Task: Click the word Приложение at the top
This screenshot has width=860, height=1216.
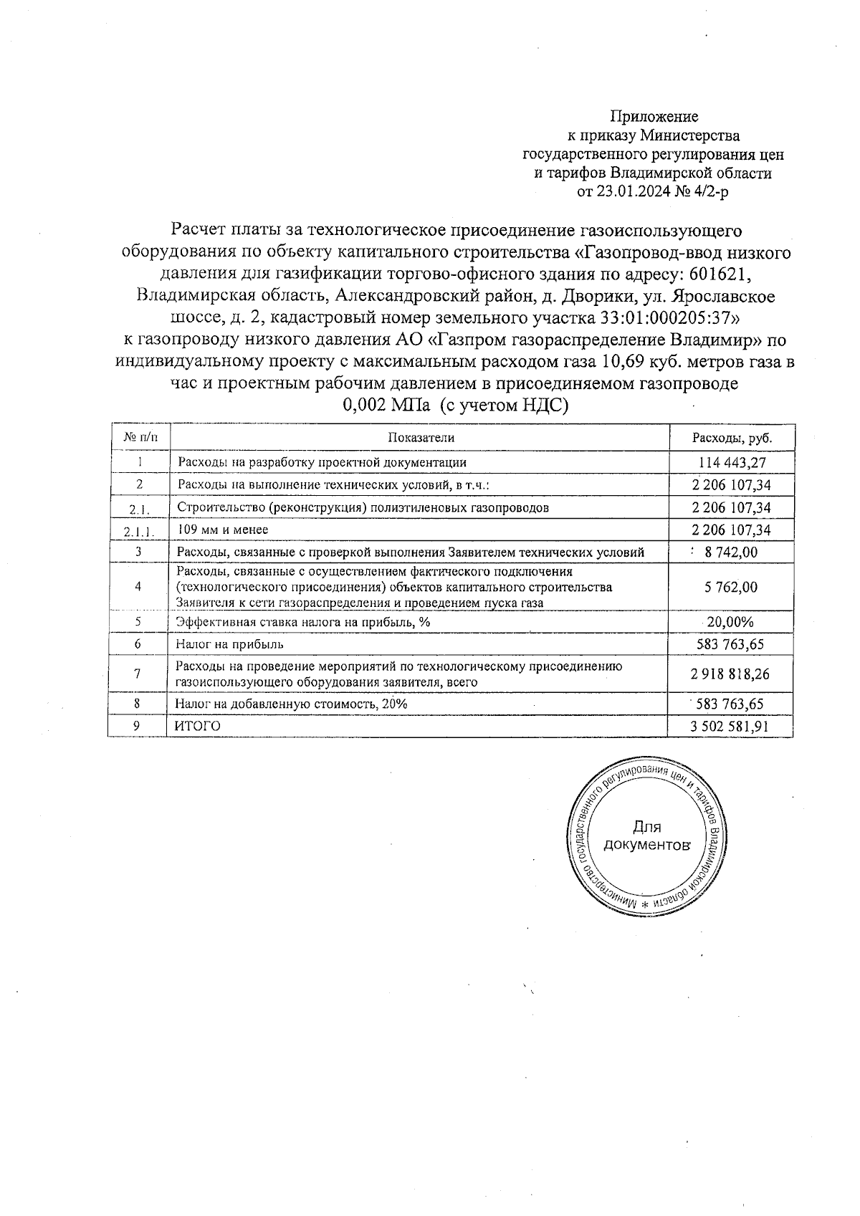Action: coord(654,116)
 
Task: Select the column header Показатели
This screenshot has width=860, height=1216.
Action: coord(421,438)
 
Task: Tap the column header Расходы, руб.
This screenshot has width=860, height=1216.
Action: coord(732,438)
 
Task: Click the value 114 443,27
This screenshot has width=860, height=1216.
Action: coord(732,462)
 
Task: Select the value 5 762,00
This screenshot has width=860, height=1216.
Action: coord(731,587)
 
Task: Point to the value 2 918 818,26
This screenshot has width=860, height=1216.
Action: coord(731,674)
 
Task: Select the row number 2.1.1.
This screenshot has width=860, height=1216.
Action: coord(138,531)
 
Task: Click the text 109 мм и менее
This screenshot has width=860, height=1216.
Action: coord(222,530)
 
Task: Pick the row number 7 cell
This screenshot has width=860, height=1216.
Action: coord(138,674)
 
